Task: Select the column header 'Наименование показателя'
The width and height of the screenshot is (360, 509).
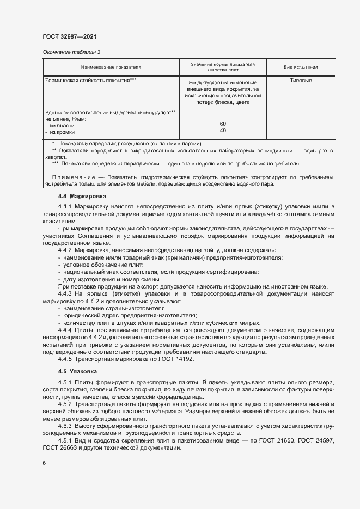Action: [111, 67]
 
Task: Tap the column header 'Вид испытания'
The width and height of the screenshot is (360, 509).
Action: [301, 67]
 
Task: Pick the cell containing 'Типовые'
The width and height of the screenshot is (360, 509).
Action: [301, 81]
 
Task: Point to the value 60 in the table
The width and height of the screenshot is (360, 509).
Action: [223, 124]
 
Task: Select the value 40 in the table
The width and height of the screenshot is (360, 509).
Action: [223, 131]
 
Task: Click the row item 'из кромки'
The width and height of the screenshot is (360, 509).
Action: [62, 132]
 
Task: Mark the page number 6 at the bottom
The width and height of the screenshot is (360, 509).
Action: [44, 463]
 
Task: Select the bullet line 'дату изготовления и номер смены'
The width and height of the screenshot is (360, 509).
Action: [103, 279]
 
